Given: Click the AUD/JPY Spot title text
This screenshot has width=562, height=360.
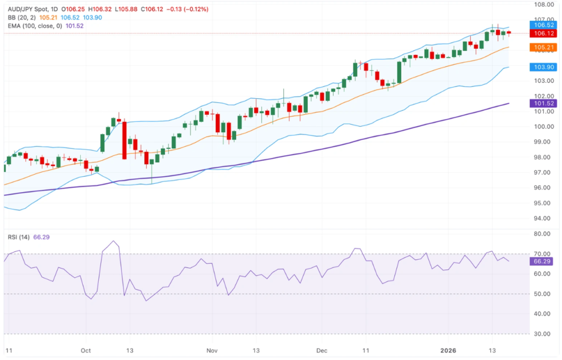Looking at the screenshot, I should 29,9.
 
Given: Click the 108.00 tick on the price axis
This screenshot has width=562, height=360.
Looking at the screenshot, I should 543,4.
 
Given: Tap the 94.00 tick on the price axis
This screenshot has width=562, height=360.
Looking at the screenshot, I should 543,218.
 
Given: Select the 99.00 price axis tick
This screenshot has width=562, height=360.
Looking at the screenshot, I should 543,142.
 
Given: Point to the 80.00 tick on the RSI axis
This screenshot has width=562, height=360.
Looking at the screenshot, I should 543,234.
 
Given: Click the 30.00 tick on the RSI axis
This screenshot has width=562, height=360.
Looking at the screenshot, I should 543,334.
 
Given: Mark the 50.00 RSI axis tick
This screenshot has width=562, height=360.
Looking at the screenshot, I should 543,294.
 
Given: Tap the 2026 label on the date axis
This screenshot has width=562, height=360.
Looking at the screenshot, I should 451,350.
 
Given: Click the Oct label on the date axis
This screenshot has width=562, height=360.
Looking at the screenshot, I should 85,350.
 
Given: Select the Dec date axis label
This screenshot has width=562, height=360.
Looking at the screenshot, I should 322,350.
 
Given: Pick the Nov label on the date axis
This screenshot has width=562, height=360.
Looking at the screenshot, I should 212,350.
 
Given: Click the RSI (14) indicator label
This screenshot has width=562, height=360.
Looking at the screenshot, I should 18,237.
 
